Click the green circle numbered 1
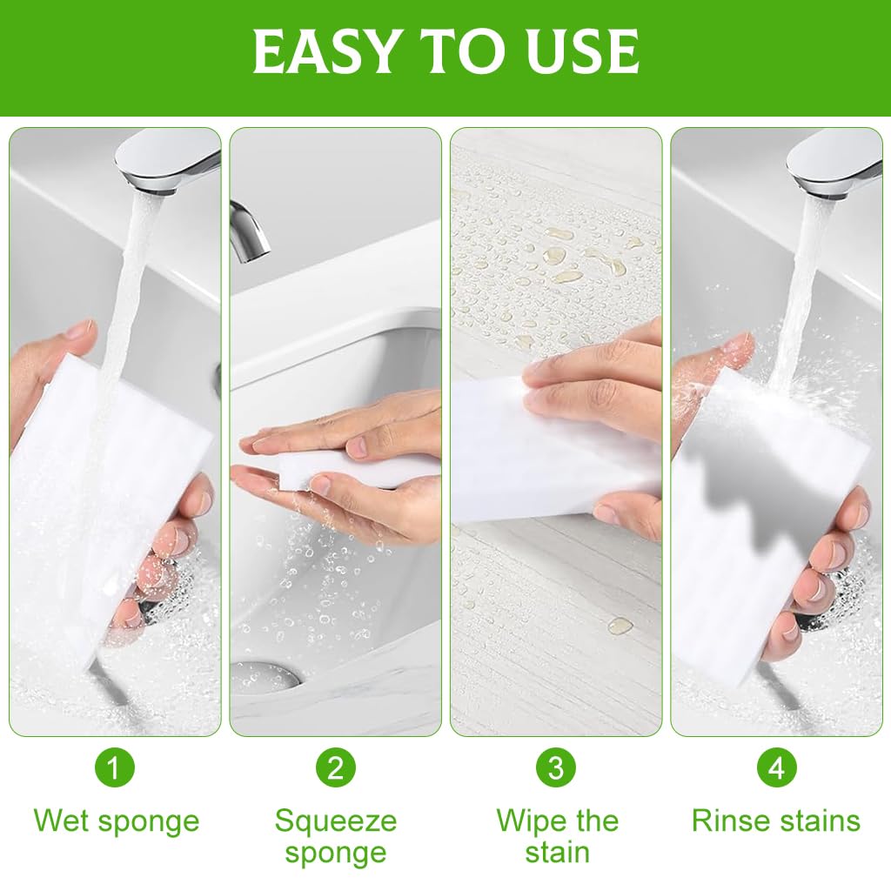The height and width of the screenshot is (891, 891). [115, 767]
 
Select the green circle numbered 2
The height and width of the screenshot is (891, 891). [336, 767]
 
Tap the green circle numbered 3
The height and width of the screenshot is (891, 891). [556, 767]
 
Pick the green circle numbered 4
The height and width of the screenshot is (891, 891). [776, 767]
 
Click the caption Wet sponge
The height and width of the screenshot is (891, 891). [116, 821]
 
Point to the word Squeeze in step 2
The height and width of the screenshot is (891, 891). [336, 820]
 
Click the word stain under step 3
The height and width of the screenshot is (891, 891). [557, 853]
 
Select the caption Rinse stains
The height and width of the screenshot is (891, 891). [776, 821]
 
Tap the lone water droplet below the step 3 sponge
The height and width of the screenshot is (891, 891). [620, 625]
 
